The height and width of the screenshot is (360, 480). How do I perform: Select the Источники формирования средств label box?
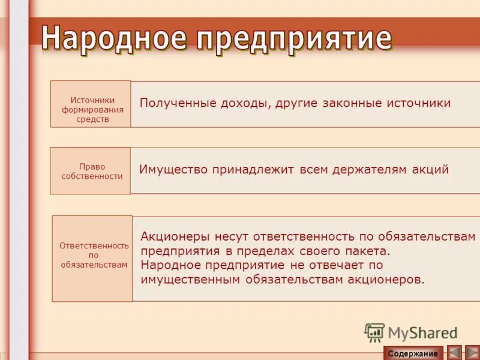(91, 104)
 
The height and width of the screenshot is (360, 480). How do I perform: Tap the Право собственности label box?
(90, 171)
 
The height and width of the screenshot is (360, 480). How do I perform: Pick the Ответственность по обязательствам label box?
(92, 259)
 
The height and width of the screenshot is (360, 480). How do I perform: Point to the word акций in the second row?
(430, 170)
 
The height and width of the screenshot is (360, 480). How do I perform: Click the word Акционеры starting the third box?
(174, 236)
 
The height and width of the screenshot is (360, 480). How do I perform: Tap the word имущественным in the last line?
(188, 280)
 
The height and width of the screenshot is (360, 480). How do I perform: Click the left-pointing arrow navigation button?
(454, 353)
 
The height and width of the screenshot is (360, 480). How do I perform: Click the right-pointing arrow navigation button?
(472, 353)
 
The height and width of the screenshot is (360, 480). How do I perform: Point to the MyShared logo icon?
(374, 332)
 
